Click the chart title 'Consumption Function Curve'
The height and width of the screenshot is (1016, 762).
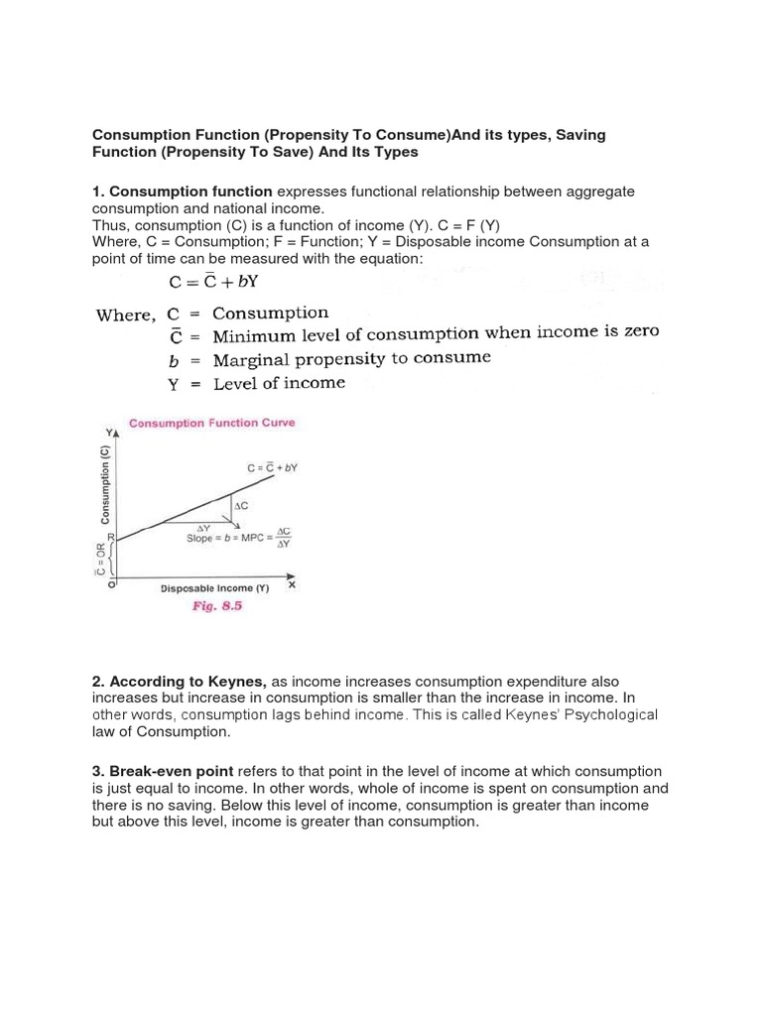coord(212,424)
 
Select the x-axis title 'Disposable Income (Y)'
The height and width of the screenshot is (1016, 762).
coord(215,588)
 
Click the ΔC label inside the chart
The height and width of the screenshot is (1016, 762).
coord(241,506)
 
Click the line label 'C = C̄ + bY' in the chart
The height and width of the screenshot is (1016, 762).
coord(271,466)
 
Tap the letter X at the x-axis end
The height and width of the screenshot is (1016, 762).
coord(292,585)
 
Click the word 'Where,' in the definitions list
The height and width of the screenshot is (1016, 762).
coord(125,316)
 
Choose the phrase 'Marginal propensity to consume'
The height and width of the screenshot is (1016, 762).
coord(351,358)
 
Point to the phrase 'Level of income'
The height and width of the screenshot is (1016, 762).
coord(279,382)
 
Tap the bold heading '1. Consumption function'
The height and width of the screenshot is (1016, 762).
coord(182,190)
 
